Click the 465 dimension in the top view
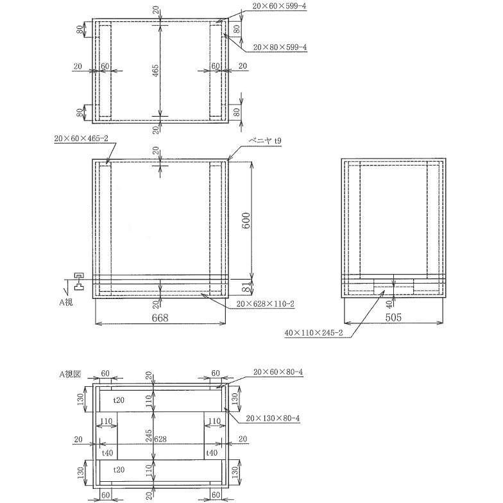[155, 71]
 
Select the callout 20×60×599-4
[280, 6]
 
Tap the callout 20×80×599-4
[280, 47]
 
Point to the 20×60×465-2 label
[81, 139]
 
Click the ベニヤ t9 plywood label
[266, 141]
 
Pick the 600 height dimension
[246, 220]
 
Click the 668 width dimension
[160, 318]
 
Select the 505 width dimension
[393, 318]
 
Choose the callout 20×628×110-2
[266, 304]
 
